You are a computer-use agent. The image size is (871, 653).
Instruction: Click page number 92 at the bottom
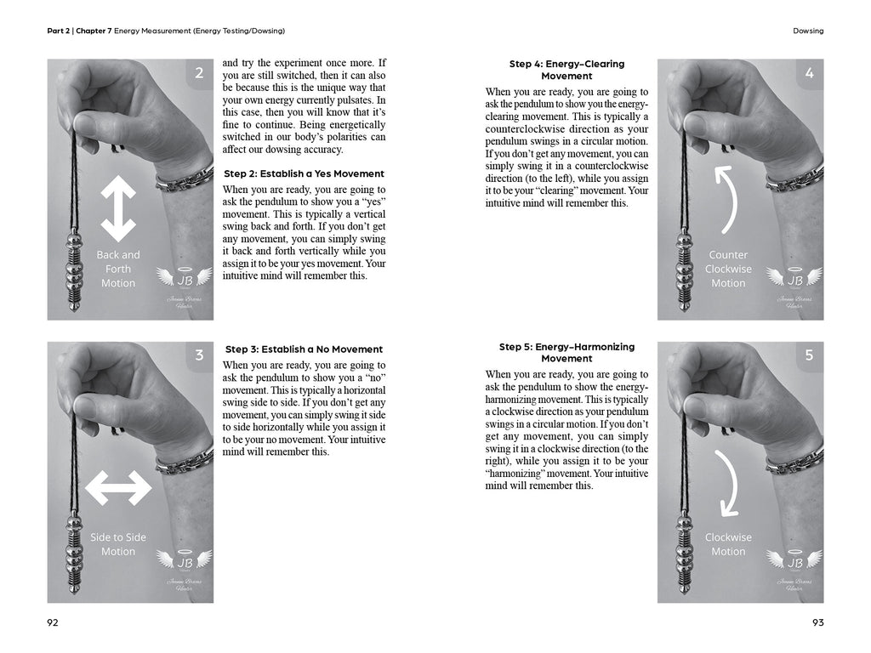(x=53, y=622)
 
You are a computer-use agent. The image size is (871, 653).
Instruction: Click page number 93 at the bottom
(x=817, y=622)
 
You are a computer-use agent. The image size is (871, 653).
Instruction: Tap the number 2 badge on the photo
(x=199, y=73)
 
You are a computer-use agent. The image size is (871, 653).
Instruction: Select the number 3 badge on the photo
(x=199, y=355)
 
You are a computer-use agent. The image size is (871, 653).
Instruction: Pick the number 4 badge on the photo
(x=809, y=73)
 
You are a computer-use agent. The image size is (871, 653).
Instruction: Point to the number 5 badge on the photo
(x=809, y=355)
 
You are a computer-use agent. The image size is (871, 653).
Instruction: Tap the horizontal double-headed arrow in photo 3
(x=119, y=488)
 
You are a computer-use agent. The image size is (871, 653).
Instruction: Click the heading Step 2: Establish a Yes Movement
(x=304, y=173)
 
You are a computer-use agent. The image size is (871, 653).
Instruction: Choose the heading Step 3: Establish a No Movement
(x=304, y=349)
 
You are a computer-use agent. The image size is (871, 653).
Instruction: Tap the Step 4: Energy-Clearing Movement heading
(x=566, y=70)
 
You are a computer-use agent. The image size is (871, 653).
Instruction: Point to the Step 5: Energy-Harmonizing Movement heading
(x=566, y=353)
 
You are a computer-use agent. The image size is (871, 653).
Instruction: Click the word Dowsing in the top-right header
(x=806, y=31)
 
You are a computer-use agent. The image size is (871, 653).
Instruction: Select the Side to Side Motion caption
(x=118, y=544)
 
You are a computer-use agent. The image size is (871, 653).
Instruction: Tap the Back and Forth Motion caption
(x=118, y=269)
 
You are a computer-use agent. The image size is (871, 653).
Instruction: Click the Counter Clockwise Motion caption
(x=728, y=269)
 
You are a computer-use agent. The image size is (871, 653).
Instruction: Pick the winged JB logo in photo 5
(x=794, y=561)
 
